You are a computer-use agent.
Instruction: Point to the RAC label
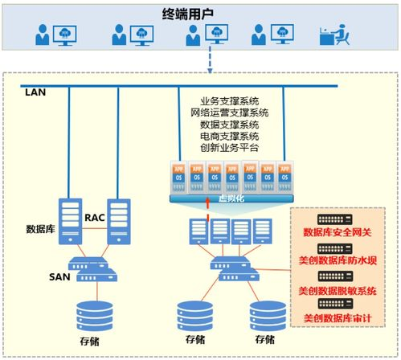(x=96, y=218)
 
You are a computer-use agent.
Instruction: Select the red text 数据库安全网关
(x=338, y=233)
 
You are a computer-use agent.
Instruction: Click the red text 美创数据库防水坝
(x=338, y=261)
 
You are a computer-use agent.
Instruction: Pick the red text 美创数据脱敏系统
(x=338, y=289)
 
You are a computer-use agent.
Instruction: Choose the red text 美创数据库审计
(x=338, y=318)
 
